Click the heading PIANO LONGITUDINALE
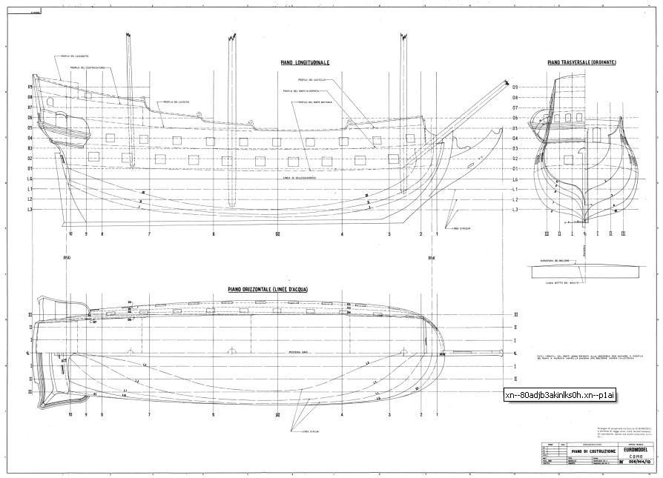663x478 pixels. click(x=305, y=64)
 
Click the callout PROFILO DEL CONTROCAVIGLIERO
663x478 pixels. click(x=88, y=67)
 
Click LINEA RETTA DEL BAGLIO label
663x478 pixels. click(x=561, y=282)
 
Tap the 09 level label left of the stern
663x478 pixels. click(x=30, y=87)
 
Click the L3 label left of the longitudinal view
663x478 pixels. click(x=30, y=210)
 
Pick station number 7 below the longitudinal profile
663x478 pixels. click(x=149, y=234)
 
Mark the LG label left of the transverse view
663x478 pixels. click(x=515, y=179)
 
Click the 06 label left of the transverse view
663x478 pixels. click(x=515, y=117)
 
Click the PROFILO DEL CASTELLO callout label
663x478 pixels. click(x=312, y=79)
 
